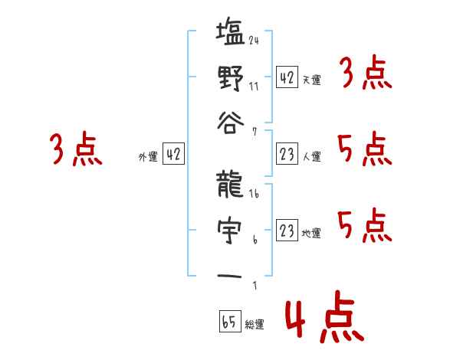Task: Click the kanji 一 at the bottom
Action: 230,276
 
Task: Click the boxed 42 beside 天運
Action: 287,77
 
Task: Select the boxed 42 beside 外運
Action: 174,154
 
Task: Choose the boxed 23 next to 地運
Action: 287,231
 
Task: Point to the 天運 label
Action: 311,80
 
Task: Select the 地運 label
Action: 311,234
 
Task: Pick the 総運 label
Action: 254,325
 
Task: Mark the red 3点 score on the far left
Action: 76,149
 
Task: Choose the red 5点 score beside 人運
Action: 365,149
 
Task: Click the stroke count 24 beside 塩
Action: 254,41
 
